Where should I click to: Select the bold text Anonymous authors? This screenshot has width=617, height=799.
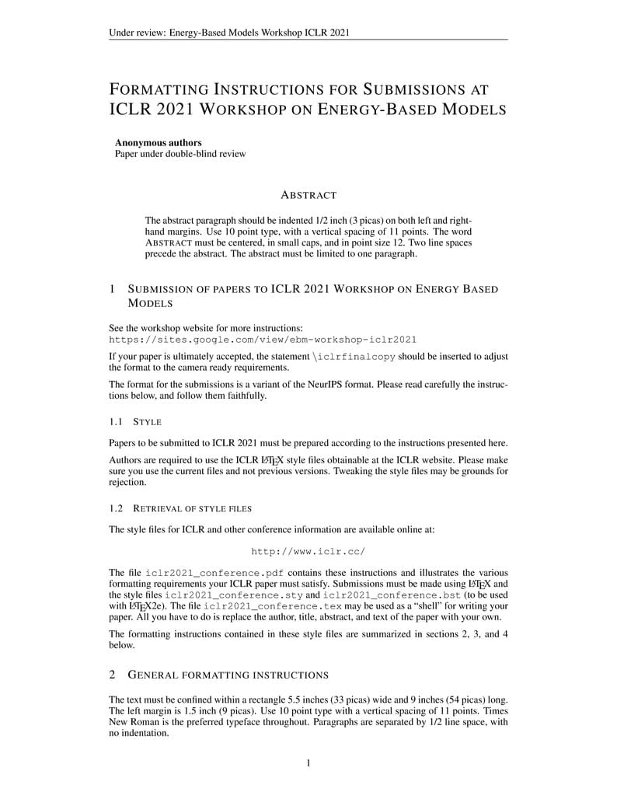pos(159,142)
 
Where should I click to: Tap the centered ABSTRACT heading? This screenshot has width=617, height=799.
pos(308,195)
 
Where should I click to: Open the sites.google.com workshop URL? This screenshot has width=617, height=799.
pos(263,340)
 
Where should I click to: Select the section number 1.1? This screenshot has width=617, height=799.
pos(117,422)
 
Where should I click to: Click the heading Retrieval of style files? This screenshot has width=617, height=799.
pos(192,508)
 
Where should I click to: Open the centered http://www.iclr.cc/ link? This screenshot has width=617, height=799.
pos(308,551)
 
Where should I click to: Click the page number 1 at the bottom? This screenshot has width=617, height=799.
pos(308,763)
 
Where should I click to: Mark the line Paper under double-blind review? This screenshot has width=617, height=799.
pos(180,154)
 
